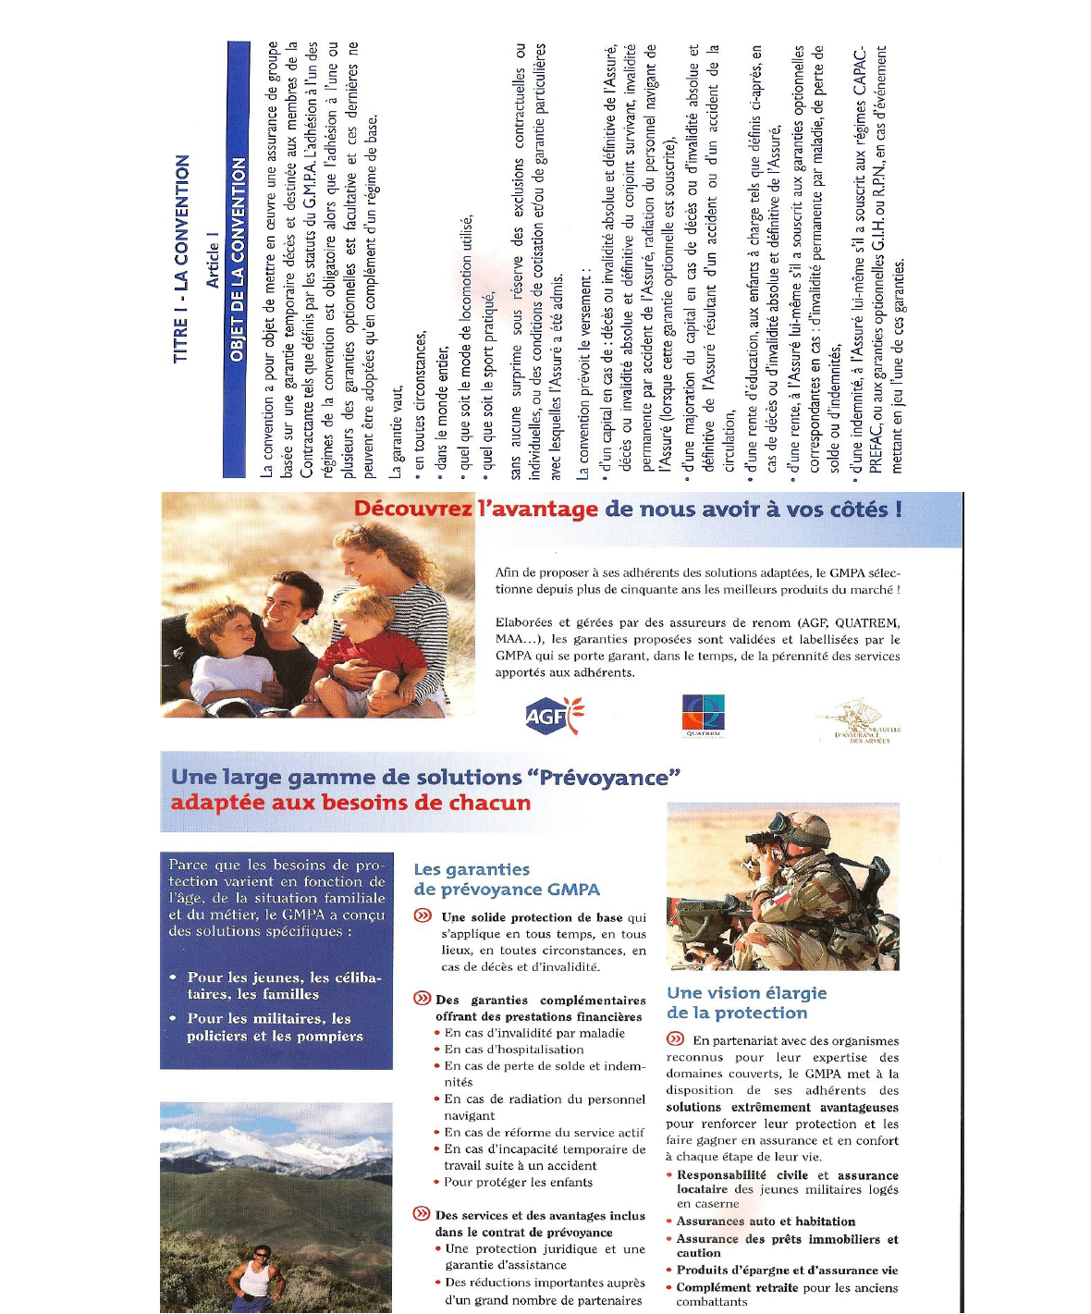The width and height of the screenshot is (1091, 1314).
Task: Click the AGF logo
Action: (x=553, y=715)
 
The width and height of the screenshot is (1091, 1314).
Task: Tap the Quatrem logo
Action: (x=703, y=714)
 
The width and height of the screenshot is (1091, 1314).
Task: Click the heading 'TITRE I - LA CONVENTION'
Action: (x=181, y=258)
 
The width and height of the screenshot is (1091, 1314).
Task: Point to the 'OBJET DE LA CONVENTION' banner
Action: (x=238, y=259)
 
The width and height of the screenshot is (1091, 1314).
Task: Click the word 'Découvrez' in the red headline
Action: (x=412, y=509)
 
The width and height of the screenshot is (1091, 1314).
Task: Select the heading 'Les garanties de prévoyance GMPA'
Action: (x=506, y=879)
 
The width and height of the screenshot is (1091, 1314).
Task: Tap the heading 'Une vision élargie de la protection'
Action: (x=747, y=1002)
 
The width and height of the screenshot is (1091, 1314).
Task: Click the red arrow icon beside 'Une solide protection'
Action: (x=423, y=916)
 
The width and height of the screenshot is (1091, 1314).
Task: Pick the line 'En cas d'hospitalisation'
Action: (x=513, y=1050)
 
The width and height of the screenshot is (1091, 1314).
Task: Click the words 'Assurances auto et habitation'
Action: (x=766, y=1222)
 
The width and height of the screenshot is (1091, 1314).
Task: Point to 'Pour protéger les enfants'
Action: (x=518, y=1183)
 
